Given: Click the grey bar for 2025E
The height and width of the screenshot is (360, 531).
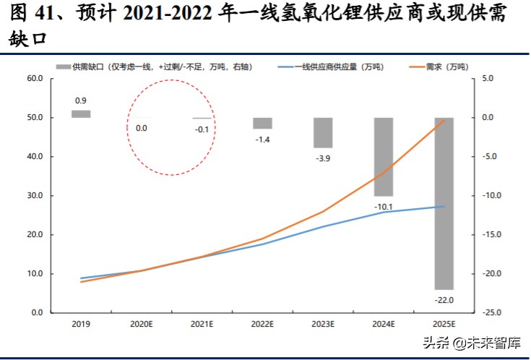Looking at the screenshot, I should click(x=444, y=203).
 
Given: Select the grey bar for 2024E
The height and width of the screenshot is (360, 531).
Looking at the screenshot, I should click(x=383, y=156).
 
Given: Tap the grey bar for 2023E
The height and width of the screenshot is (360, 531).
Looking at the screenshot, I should click(x=323, y=132).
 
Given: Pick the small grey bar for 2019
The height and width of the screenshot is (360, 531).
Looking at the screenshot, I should click(x=81, y=113).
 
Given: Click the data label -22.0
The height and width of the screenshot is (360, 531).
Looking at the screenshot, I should click(x=444, y=299).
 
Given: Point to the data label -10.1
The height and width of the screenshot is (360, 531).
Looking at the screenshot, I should click(x=383, y=206).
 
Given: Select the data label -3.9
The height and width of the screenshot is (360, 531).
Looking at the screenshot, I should click(x=323, y=158).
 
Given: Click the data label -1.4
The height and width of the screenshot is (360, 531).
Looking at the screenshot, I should click(x=262, y=139).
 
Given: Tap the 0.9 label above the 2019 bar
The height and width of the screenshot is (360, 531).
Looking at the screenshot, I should click(x=81, y=100).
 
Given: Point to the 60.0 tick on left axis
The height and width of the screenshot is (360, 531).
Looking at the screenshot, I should click(x=35, y=78).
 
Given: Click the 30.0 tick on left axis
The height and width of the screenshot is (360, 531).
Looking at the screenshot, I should click(x=35, y=196).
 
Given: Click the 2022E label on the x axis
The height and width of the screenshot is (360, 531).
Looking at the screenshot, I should click(x=262, y=325).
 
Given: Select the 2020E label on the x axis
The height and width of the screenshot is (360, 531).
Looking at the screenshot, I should click(x=142, y=325).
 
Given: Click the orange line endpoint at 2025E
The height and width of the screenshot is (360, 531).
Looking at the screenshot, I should click(x=444, y=119).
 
